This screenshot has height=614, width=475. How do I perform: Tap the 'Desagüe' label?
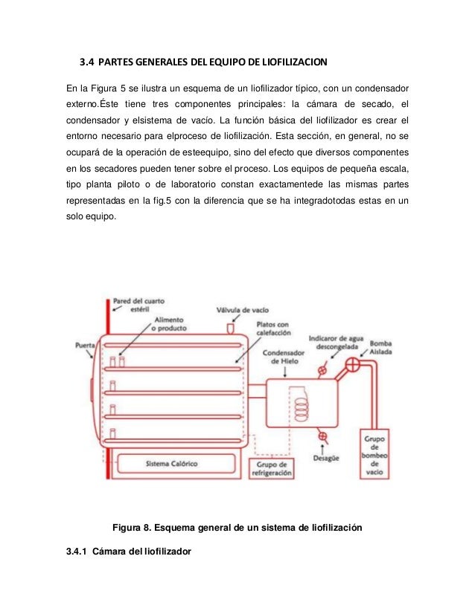[326, 459]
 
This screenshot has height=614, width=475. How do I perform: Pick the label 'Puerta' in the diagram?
[86, 345]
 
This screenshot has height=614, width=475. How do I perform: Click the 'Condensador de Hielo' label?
[284, 357]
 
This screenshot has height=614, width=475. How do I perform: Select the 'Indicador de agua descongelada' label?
[334, 341]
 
